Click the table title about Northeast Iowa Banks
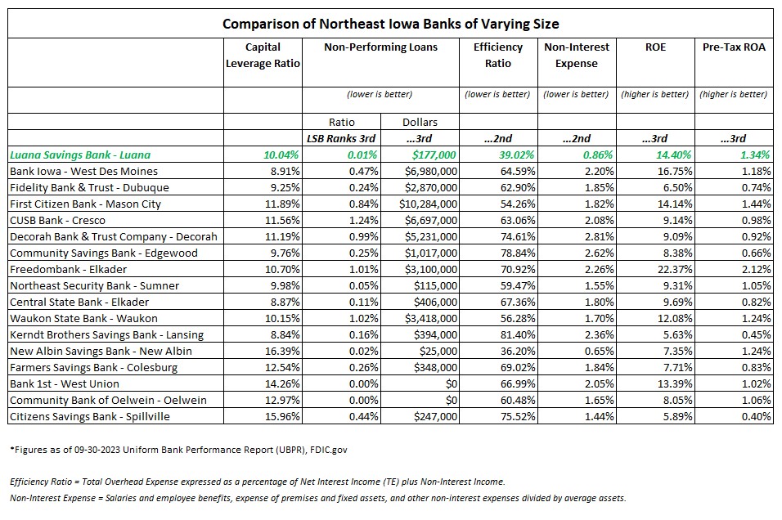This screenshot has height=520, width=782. [x=390, y=24]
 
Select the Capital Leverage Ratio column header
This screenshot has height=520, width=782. [x=263, y=55]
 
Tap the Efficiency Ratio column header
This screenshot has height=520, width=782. [x=497, y=55]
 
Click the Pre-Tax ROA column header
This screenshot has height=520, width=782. [x=734, y=47]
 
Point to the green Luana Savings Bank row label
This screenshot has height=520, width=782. [x=80, y=155]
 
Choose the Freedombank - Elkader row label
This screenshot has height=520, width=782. [x=69, y=269]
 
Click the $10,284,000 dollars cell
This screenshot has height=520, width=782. [x=428, y=204]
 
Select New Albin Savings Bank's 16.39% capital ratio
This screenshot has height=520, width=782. [x=282, y=351]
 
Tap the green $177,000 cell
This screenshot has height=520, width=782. [x=434, y=155]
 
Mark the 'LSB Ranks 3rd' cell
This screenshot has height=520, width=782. [x=341, y=139]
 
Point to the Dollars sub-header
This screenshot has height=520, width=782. [x=420, y=122]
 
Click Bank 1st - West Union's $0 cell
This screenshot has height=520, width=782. [x=452, y=384]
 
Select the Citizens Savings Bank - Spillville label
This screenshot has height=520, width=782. [x=90, y=416]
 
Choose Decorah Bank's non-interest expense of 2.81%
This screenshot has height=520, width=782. [x=599, y=236]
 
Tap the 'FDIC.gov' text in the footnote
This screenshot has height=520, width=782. [x=328, y=450]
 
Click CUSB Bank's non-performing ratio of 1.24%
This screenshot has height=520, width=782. [x=363, y=221]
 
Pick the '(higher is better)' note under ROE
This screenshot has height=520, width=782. [x=655, y=94]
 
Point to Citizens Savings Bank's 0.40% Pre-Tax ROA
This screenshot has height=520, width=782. [x=756, y=416]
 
